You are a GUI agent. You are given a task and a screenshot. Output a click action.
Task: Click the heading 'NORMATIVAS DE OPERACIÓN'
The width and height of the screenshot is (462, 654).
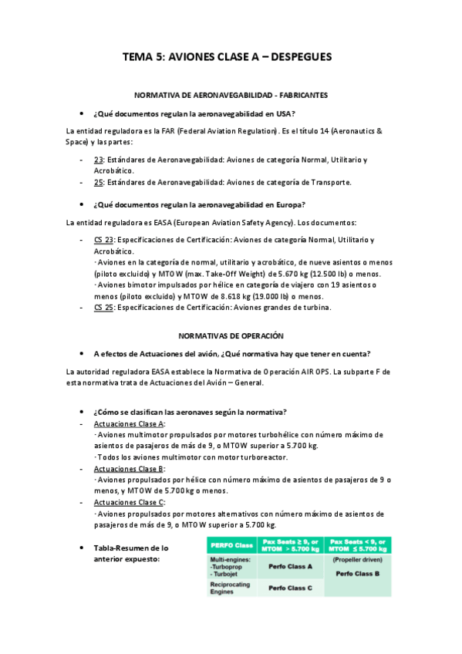[x=231, y=336]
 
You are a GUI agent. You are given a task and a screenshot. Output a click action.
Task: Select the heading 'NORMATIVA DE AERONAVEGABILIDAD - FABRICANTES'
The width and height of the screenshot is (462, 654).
[x=231, y=95]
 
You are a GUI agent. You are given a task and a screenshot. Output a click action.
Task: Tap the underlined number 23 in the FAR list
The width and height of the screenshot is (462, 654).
[x=98, y=160]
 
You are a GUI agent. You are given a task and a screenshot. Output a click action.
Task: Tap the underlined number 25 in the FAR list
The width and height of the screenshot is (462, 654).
[x=98, y=183]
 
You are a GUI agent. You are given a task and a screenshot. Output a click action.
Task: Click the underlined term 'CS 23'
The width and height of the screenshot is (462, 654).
[x=103, y=240]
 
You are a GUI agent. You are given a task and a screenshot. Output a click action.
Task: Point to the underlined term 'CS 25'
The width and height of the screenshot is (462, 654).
[x=103, y=308]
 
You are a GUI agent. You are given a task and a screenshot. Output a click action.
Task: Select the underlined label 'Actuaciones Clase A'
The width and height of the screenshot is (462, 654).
[x=128, y=424]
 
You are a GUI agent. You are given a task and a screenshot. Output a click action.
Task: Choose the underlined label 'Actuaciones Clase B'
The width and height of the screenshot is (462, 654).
[x=128, y=469]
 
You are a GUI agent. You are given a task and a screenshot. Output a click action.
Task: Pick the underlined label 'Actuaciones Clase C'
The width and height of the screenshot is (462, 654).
[x=128, y=502]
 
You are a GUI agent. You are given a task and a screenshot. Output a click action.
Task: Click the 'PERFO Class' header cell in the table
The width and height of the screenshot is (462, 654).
[x=231, y=545]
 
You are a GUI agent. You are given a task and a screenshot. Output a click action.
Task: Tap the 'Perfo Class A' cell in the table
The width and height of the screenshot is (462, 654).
[x=289, y=566]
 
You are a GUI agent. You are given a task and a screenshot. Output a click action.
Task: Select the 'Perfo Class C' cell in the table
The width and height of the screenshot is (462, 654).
[x=289, y=588]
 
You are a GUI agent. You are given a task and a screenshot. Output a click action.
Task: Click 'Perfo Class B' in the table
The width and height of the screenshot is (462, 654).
[x=359, y=574]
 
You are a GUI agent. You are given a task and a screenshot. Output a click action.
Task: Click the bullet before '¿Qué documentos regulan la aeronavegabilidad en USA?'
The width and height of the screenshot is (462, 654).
[x=83, y=113]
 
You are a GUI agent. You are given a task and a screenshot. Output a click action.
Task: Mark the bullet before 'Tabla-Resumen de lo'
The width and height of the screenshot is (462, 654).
[x=83, y=548]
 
